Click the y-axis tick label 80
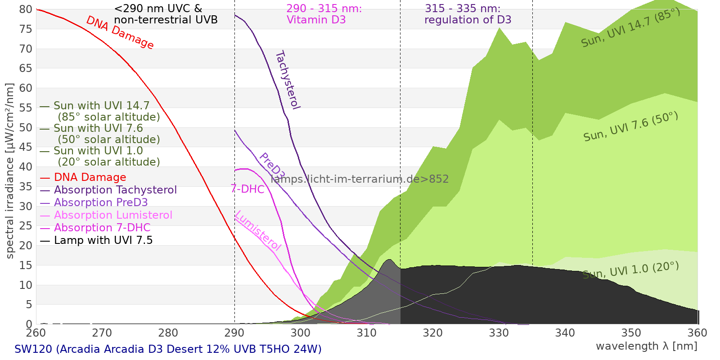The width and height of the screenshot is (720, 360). (x=26, y=9)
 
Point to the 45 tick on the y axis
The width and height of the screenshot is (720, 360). (x=26, y=147)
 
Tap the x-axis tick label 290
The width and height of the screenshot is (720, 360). (x=234, y=333)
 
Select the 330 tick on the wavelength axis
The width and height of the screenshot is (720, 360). (x=499, y=333)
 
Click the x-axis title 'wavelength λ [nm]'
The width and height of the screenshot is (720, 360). (x=647, y=346)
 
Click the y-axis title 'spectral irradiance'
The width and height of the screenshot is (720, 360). (x=9, y=206)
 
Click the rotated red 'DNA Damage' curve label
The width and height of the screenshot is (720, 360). (x=120, y=32)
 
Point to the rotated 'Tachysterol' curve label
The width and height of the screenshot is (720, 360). (x=288, y=80)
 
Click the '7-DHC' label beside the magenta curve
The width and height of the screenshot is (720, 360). (x=247, y=189)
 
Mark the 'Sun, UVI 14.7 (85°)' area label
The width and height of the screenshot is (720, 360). (x=630, y=27)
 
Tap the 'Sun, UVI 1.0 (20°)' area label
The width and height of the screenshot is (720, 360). (x=630, y=270)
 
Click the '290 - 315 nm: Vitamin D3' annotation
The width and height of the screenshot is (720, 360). (x=324, y=14)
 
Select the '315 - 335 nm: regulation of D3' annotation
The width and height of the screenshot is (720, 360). (x=468, y=14)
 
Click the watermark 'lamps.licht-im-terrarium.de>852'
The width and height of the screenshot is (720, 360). (x=360, y=179)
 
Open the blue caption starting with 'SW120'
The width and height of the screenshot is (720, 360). (x=168, y=349)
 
